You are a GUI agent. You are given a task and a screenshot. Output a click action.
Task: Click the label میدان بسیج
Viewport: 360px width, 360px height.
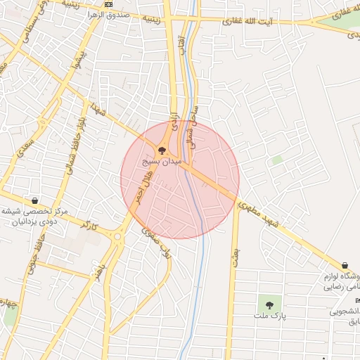(162, 162)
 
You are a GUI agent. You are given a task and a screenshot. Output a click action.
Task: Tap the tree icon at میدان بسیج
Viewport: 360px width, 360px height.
(162, 150)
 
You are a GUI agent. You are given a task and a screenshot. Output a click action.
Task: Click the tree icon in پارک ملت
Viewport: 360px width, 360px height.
(269, 304)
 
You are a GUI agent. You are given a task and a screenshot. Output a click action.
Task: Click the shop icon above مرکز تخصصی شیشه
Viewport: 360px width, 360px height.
(34, 200)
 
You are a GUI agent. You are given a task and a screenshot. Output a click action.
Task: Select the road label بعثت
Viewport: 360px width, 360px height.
(235, 254)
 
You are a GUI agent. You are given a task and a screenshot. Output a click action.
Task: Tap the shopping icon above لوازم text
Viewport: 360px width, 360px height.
(345, 265)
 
